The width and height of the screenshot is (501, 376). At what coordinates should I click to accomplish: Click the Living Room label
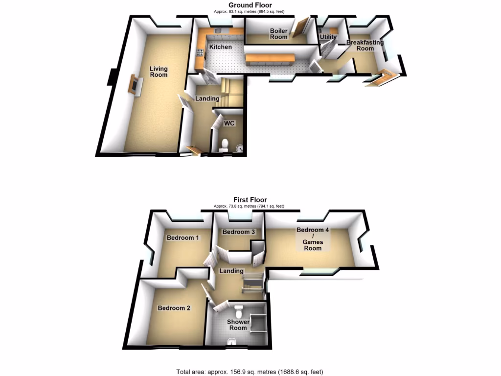(159, 71)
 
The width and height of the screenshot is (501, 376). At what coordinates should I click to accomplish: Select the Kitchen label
(221, 47)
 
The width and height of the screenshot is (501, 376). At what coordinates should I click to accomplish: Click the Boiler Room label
(279, 34)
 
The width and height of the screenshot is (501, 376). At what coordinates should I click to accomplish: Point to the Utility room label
(327, 37)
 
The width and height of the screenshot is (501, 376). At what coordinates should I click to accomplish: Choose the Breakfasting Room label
(365, 46)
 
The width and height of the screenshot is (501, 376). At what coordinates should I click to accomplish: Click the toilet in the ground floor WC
(225, 144)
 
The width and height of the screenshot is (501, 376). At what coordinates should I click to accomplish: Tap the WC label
(229, 123)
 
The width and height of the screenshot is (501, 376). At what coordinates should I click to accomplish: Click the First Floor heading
(250, 200)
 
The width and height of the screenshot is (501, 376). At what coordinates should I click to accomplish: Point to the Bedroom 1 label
(182, 238)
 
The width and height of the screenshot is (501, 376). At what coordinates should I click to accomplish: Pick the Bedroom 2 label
(174, 308)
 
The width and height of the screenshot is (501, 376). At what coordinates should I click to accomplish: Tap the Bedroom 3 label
(239, 232)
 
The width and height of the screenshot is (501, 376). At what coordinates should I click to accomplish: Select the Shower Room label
(238, 325)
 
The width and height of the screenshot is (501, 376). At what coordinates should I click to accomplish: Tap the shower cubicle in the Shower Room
(258, 323)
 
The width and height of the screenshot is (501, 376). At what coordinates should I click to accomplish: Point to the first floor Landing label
(231, 271)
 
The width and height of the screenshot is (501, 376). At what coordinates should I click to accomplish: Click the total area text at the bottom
(250, 372)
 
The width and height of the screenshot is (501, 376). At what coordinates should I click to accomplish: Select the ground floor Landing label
(207, 98)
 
